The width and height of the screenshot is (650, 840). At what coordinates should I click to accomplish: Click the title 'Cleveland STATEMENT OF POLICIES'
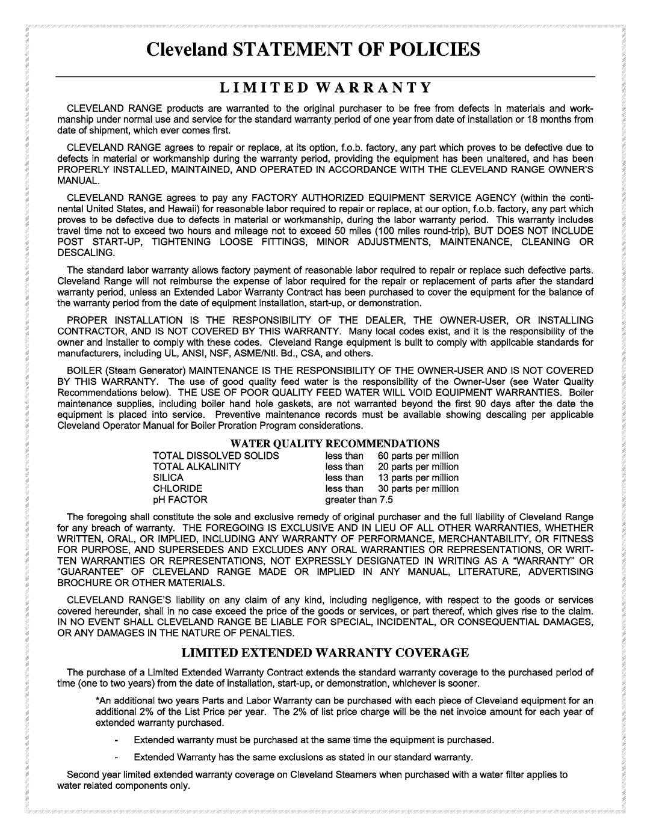(325, 49)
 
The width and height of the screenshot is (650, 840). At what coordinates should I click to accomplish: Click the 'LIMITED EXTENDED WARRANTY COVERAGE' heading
(325, 652)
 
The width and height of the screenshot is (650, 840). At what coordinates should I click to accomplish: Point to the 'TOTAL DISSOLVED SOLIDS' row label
(208, 456)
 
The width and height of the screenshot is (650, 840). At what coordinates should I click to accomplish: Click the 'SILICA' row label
(168, 477)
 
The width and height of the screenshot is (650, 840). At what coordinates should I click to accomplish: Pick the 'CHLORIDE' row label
(178, 488)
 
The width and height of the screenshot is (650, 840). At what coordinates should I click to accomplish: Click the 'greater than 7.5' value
(359, 499)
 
